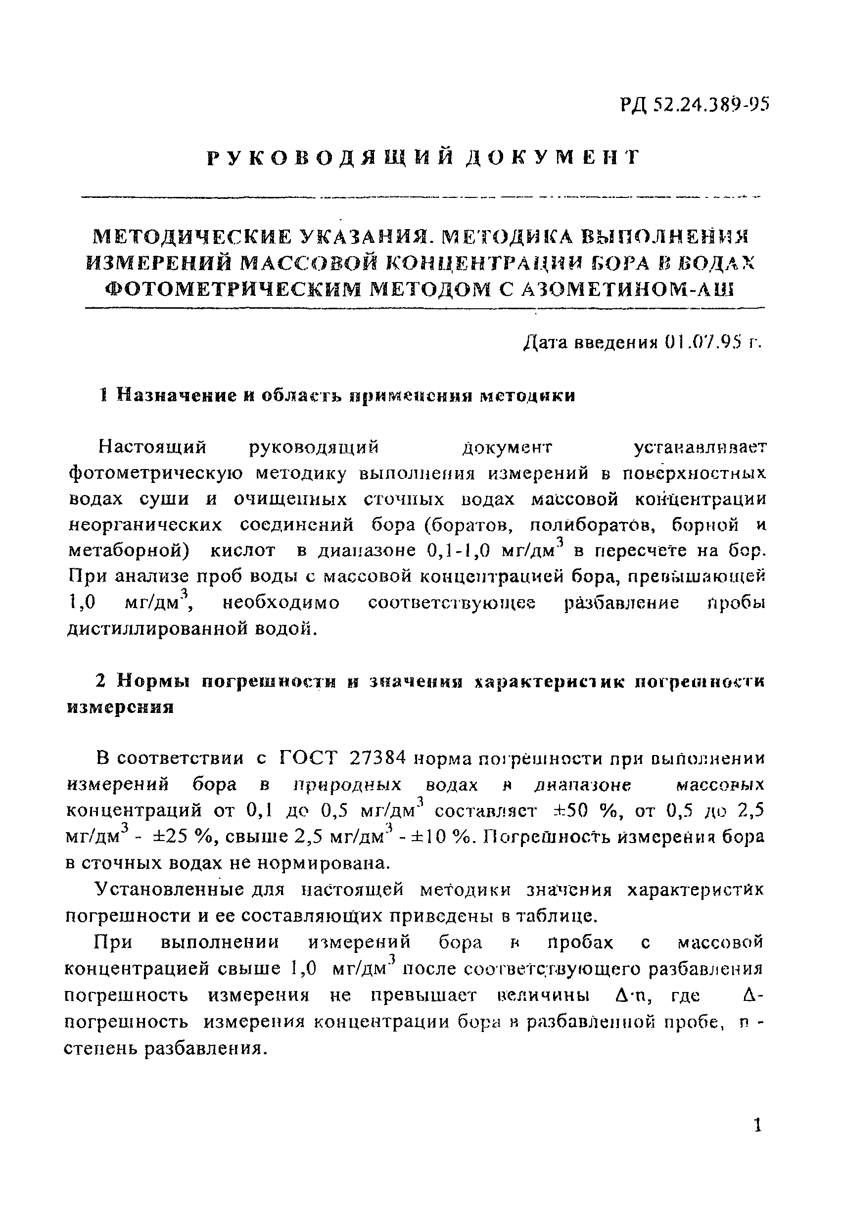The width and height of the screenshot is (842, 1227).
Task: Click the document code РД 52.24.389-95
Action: pos(695,105)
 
